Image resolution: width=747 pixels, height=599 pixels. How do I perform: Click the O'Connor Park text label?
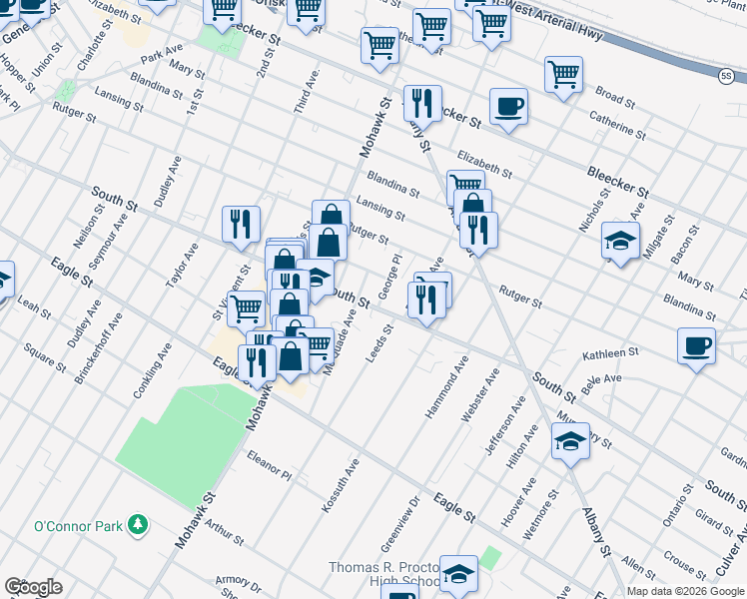point(78,525)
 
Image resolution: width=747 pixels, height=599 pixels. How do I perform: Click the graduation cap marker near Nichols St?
point(620,241)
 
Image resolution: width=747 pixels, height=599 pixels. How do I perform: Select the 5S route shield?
point(726,75)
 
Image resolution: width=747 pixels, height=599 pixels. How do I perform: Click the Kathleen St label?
point(610,353)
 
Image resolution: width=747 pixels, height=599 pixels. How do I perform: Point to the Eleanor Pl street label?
point(268,464)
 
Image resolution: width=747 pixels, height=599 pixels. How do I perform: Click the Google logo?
point(32,586)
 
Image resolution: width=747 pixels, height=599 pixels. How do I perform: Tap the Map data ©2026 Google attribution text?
point(685,590)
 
